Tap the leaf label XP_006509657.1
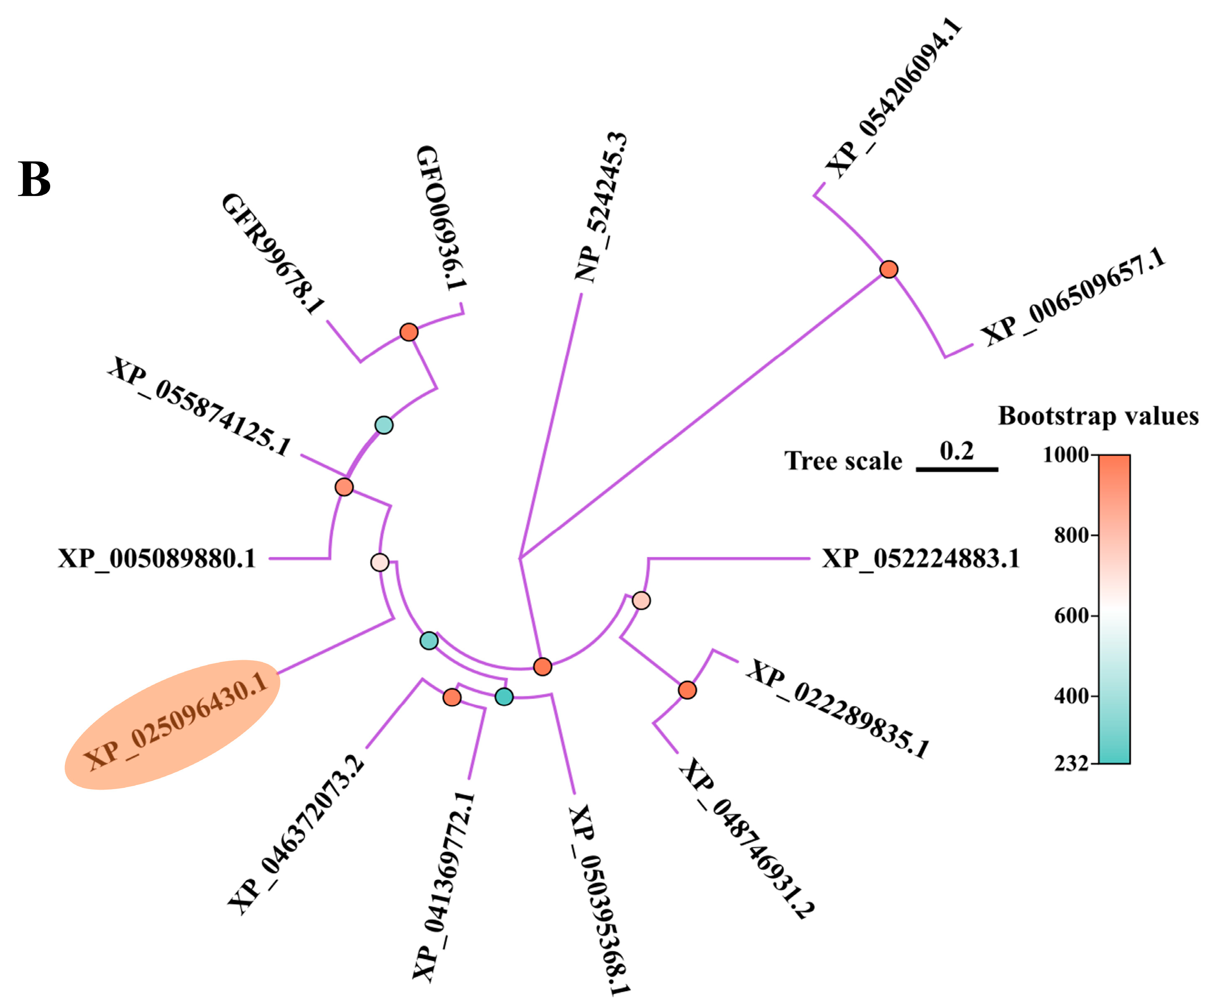point(1072,297)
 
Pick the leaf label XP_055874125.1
point(199,406)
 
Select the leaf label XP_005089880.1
point(157,558)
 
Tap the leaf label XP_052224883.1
point(920,558)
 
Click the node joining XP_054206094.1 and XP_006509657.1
point(889,269)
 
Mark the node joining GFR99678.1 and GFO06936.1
point(409,332)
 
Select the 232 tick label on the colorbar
point(1072,764)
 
